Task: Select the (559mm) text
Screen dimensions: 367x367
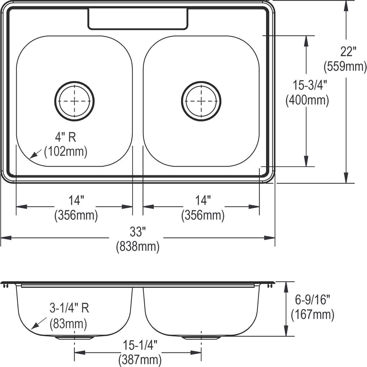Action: point(345,66)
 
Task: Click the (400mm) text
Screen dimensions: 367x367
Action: point(307,100)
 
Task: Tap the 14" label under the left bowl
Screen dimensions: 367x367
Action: point(76,201)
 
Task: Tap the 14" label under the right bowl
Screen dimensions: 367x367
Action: point(203,201)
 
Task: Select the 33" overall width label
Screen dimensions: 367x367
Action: point(136,232)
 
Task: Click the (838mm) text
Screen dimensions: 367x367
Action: point(138,247)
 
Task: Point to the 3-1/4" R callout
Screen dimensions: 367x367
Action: point(69,308)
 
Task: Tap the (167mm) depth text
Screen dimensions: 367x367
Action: point(312,314)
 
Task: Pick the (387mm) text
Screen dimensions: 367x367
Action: point(140,360)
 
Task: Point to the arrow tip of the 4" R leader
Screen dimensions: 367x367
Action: point(30,158)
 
